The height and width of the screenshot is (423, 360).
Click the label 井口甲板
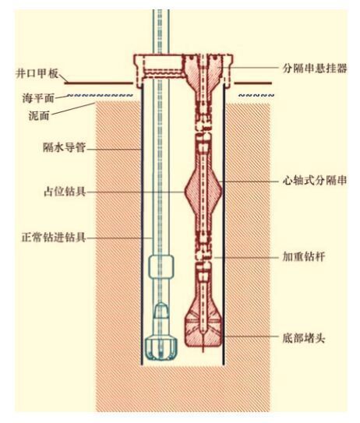click(x=37, y=73)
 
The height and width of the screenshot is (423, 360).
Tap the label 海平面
click(x=38, y=98)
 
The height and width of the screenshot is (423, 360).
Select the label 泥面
click(x=39, y=115)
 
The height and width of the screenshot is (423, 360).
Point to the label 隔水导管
click(x=64, y=147)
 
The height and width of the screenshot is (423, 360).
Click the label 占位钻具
click(x=65, y=192)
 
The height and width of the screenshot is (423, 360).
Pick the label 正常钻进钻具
click(x=54, y=238)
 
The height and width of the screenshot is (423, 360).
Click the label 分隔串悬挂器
click(x=315, y=68)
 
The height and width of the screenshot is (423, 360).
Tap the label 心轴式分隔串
click(x=315, y=180)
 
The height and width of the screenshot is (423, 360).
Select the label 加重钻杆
click(x=304, y=256)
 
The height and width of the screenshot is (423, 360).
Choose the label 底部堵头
click(x=304, y=338)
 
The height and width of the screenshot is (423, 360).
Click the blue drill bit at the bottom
click(x=161, y=348)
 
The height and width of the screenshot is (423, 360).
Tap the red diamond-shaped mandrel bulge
click(x=203, y=191)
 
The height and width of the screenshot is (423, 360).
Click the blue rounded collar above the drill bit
click(x=161, y=266)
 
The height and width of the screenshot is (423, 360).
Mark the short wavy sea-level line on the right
click(x=256, y=95)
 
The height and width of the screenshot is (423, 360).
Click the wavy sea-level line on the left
click(x=100, y=96)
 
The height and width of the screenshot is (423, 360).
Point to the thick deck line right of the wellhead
click(x=252, y=83)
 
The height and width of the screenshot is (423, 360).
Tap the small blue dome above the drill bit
click(x=161, y=310)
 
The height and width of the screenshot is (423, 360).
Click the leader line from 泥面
click(x=73, y=110)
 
